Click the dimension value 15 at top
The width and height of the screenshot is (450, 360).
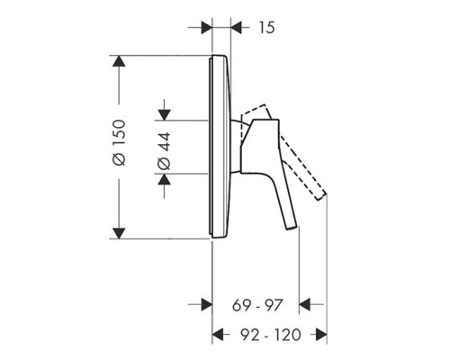pyautogui.click(x=265, y=27)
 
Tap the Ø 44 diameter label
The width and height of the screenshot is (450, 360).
pyautogui.click(x=164, y=146)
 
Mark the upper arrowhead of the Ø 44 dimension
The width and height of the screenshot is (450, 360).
pyautogui.click(x=164, y=113)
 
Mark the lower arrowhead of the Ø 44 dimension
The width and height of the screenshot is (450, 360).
pyautogui.click(x=164, y=179)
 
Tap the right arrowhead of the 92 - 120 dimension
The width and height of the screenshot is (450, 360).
pyautogui.click(x=319, y=335)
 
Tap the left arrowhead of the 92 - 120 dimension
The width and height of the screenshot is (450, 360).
pyautogui.click(x=218, y=335)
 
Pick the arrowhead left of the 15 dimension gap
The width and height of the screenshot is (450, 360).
pyautogui.click(x=206, y=27)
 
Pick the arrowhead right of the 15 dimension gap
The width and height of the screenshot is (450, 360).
pyautogui.click(x=237, y=27)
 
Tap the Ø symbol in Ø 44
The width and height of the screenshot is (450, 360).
pyautogui.click(x=164, y=163)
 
